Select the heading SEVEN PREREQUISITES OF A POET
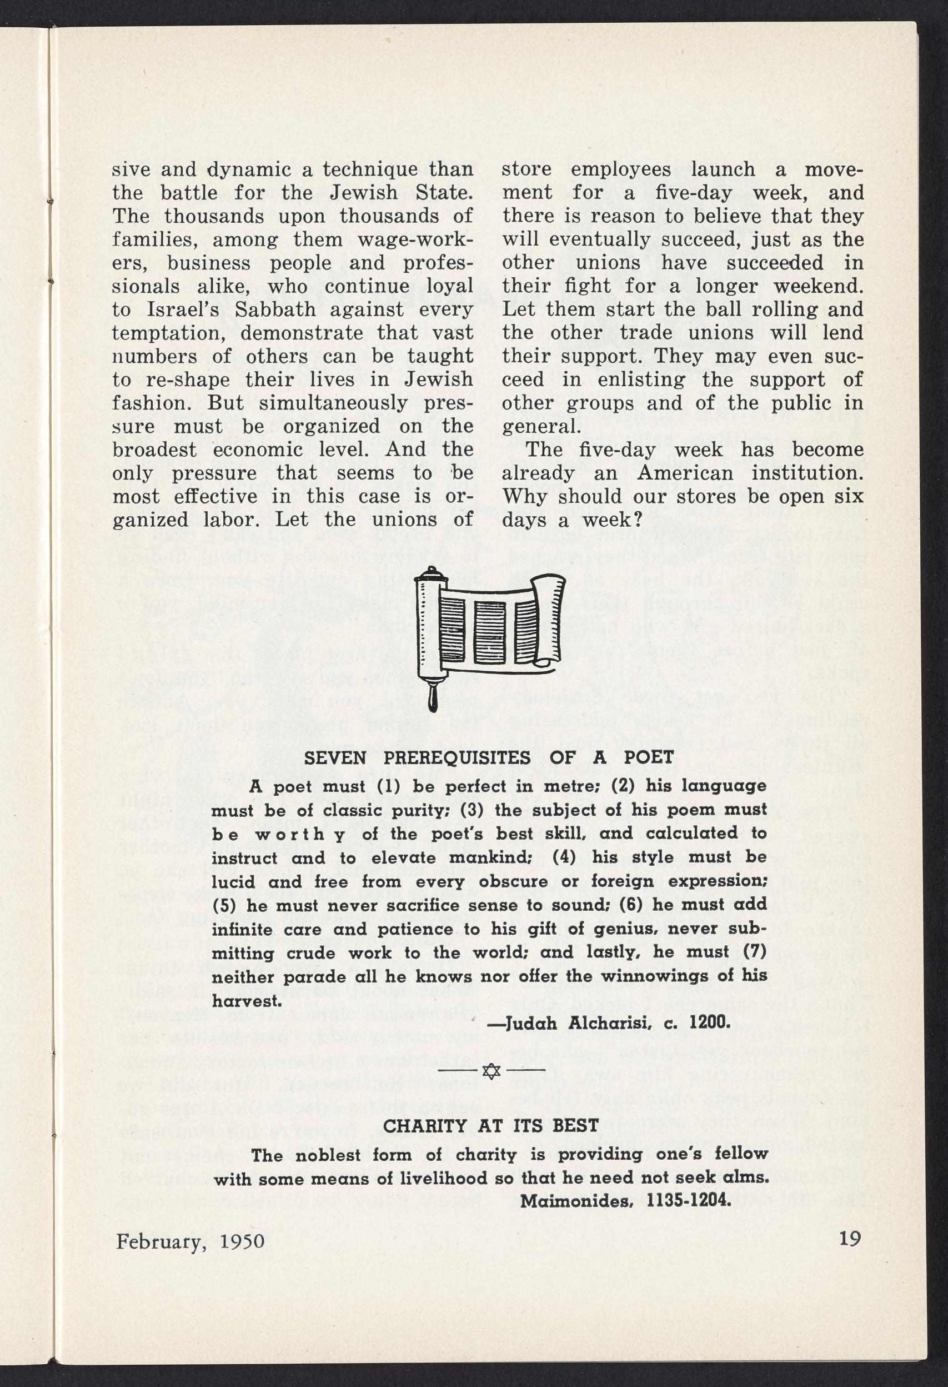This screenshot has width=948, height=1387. (489, 757)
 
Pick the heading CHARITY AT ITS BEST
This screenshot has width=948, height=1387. (490, 1126)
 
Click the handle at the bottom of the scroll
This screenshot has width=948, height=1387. (433, 699)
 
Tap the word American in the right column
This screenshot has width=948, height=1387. (686, 473)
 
